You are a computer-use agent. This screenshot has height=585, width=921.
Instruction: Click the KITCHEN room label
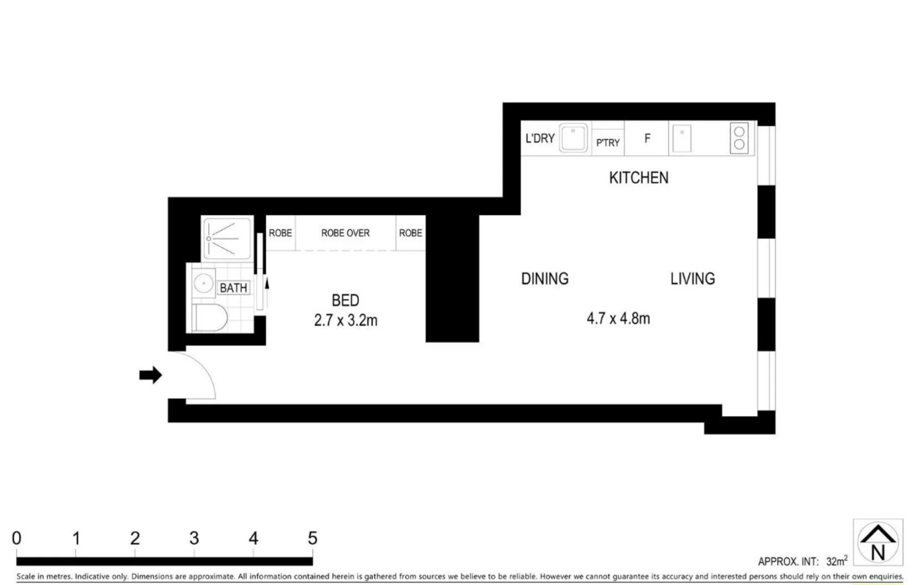coord(638,178)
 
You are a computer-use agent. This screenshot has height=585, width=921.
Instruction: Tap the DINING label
coord(544,278)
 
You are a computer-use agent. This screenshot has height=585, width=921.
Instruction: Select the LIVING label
coord(692,278)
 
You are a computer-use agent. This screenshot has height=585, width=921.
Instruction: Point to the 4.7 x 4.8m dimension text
coord(618,318)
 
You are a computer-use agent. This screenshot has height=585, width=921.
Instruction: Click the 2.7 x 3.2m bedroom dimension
coord(346,320)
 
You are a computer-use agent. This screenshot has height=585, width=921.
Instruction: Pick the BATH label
coord(234,288)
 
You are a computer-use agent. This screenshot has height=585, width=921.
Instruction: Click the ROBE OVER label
coord(345,233)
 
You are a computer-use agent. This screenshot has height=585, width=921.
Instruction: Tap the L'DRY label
coord(540,139)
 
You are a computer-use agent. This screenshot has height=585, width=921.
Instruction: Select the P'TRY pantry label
coord(608,142)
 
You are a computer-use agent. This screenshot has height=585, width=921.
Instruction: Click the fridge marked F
coord(647,139)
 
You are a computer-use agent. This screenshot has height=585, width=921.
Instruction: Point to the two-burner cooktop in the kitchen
coord(739,138)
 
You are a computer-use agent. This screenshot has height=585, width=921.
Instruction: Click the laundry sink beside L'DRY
coord(573,138)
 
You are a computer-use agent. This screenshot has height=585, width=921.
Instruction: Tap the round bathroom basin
coord(204,283)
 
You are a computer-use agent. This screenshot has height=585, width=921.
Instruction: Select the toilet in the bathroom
coord(210,317)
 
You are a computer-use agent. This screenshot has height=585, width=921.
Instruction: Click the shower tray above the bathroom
coord(227,238)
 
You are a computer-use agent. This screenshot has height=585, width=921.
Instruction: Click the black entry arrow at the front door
coord(151,375)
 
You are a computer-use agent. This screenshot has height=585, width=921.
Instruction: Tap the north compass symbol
coord(878,542)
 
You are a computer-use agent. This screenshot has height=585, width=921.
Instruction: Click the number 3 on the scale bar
coord(194,538)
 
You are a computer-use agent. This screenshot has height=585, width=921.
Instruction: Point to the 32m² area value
coord(836,561)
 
